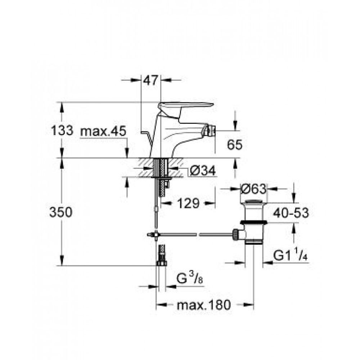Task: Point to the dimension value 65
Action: coord(235,145)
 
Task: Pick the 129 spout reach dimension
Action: coord(188,204)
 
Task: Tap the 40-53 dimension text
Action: coord(290,213)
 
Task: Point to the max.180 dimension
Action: coord(203,306)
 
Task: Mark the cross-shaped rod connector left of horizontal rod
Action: coord(155,234)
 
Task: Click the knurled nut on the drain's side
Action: coord(236,234)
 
